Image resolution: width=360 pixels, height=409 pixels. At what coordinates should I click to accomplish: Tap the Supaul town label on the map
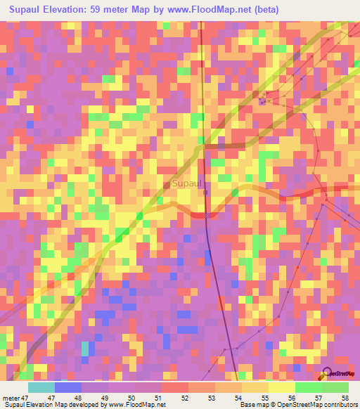pyautogui.click(x=186, y=184)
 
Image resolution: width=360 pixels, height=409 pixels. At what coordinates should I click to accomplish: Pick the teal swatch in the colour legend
pyautogui.click(x=41, y=387)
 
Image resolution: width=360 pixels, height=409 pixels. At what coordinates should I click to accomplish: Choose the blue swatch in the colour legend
pyautogui.click(x=67, y=387)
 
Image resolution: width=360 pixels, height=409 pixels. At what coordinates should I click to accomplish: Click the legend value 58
pyautogui.click(x=345, y=398)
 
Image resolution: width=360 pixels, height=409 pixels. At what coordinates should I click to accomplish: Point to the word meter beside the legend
pyautogui.click(x=10, y=398)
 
